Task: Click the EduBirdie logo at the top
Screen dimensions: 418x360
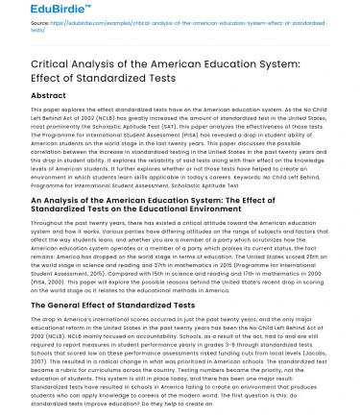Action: coord(40,11)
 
